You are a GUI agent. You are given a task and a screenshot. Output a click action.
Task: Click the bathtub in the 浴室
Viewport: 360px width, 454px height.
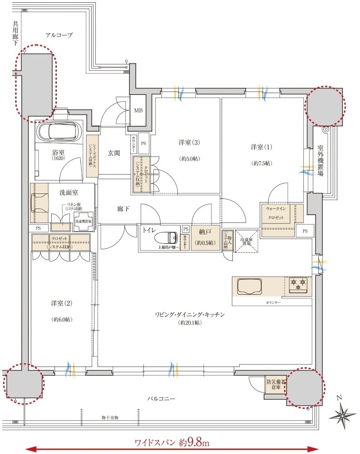click(59, 132)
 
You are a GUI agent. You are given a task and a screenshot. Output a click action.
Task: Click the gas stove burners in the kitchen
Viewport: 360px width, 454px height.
click(298, 286)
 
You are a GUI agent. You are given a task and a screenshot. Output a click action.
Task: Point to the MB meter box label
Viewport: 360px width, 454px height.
click(138, 110)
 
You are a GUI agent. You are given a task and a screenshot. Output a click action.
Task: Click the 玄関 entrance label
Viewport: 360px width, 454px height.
click(114, 153)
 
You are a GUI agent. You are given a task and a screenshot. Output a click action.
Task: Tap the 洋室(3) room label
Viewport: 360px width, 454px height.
click(189, 143)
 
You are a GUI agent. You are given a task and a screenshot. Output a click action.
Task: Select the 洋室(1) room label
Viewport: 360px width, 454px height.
click(261, 147)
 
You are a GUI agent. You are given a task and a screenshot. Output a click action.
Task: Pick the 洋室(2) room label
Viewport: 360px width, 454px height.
click(59, 303)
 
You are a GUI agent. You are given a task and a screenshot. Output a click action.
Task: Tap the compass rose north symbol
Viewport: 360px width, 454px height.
click(343, 414)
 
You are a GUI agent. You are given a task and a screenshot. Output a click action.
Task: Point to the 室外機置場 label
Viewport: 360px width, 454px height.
click(321, 163)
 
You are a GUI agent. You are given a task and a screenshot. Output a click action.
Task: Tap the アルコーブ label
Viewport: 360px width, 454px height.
click(59, 35)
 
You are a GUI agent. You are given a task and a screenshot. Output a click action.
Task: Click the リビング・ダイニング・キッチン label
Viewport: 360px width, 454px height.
click(190, 314)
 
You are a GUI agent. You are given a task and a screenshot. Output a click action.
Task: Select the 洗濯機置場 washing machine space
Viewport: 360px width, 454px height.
click(84, 218)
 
